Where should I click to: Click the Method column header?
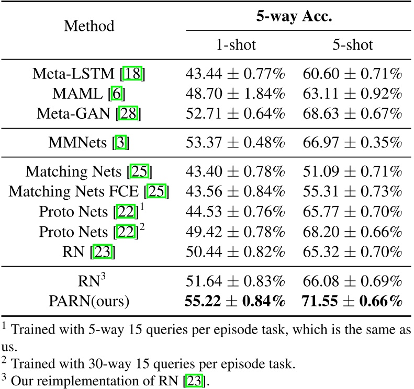[x=89, y=25]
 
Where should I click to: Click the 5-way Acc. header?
[x=294, y=16]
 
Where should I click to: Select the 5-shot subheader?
[x=353, y=45]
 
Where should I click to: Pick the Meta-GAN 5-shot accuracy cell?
[x=353, y=114]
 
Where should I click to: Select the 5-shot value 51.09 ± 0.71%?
[x=353, y=171]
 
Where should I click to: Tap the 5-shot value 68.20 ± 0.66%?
[x=353, y=231]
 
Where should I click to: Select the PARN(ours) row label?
[x=89, y=301]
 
